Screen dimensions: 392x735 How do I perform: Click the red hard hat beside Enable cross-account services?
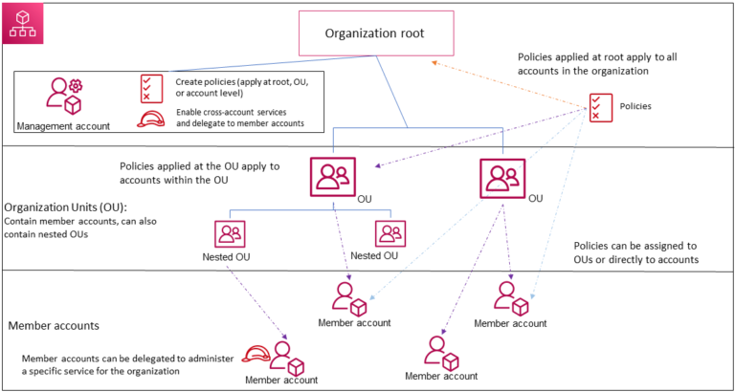149,120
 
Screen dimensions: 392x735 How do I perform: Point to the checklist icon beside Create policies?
149,87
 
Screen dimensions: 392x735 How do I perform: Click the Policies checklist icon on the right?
601,107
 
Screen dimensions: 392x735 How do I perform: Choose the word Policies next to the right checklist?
635,107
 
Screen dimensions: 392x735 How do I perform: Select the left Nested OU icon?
230,233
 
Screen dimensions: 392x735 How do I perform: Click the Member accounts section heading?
54,326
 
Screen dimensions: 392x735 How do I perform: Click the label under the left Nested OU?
227,256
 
